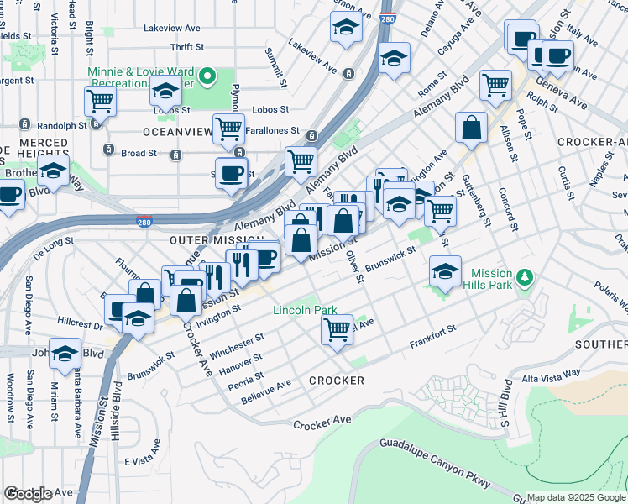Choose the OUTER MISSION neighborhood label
205,240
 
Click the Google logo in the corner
28,494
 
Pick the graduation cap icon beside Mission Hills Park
445,270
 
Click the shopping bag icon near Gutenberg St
472,126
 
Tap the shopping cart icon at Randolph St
100,101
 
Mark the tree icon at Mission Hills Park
526,276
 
